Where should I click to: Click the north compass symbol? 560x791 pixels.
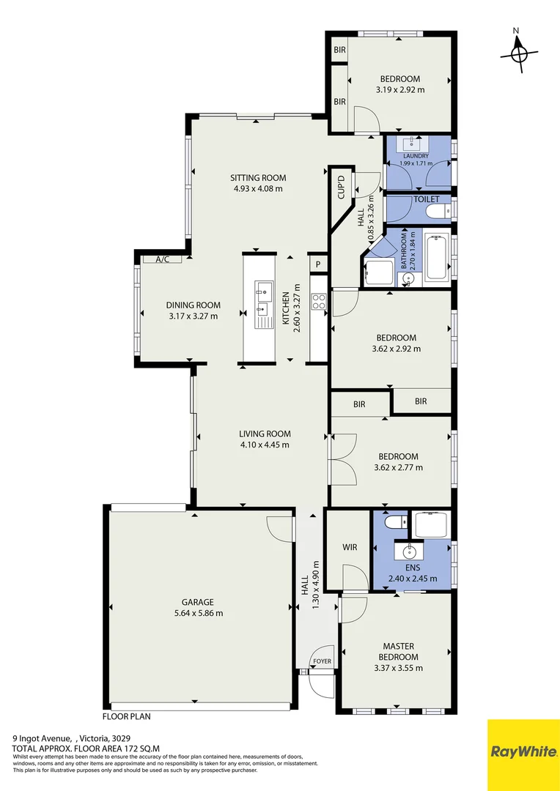click(x=519, y=53)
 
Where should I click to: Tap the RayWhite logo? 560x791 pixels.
click(x=523, y=751)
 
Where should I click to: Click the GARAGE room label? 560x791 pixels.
click(x=198, y=602)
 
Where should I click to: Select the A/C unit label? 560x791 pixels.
click(x=162, y=259)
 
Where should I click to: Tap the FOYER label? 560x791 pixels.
click(x=323, y=661)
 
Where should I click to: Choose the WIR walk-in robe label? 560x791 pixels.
click(x=349, y=547)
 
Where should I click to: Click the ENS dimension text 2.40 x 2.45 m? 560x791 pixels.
click(x=413, y=579)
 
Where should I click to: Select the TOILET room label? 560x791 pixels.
click(x=427, y=199)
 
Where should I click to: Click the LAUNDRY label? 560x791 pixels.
click(x=414, y=156)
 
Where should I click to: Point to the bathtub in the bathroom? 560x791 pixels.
click(x=437, y=257)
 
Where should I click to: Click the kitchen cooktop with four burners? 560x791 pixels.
click(x=319, y=302)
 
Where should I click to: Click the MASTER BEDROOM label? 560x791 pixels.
click(x=398, y=651)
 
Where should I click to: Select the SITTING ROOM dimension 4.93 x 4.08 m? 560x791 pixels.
click(x=258, y=188)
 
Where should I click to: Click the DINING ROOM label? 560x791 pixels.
click(x=193, y=305)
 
